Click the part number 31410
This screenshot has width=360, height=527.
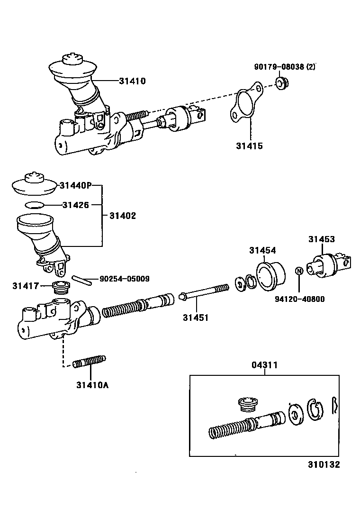132,81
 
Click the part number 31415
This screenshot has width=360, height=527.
249,146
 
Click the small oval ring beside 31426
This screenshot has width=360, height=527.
34,205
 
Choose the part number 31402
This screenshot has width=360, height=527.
123,216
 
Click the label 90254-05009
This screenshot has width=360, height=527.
125,279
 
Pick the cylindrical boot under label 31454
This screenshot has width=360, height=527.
270,275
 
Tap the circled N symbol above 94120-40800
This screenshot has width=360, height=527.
299,271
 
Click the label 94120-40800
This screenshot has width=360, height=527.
300,299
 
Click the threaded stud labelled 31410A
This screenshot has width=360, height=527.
90,363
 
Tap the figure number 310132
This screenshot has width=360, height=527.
322,465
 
